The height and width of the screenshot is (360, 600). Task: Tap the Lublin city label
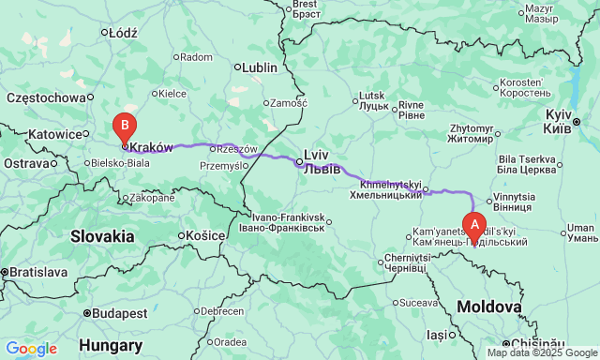(260, 67)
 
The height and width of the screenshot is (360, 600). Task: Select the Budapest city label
(117, 312)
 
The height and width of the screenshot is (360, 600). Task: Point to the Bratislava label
(34, 272)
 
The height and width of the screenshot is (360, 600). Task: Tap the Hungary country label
(111, 345)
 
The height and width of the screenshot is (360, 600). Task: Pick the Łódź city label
(122, 32)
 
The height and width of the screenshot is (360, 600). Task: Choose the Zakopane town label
(152, 198)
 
